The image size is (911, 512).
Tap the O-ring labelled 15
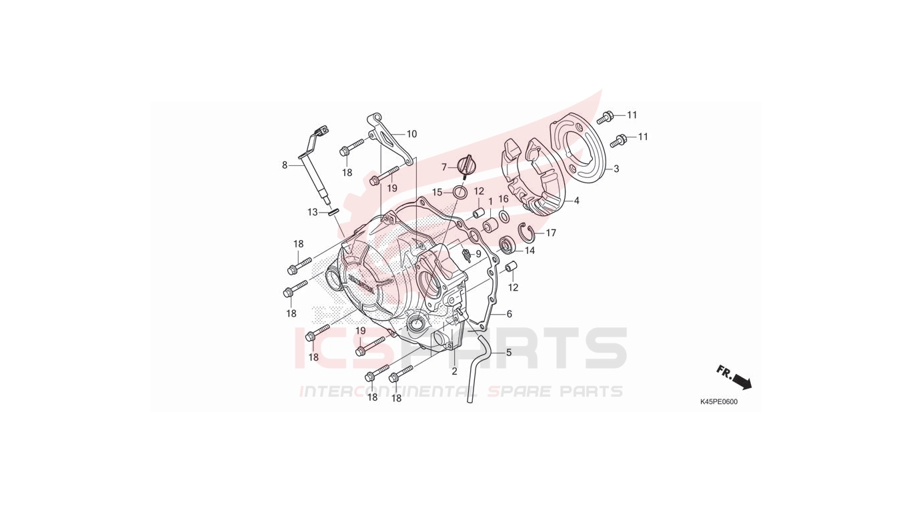click(x=460, y=192)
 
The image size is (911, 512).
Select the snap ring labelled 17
click(x=526, y=232)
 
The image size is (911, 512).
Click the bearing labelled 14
click(x=508, y=245)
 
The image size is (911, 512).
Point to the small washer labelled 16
click(x=504, y=216)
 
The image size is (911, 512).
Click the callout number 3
click(x=616, y=169)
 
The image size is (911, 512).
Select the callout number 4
click(x=576, y=201)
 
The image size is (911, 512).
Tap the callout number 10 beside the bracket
click(x=411, y=134)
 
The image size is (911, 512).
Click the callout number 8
click(x=284, y=165)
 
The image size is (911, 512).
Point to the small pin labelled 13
click(x=334, y=213)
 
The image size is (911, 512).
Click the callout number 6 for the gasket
click(x=509, y=314)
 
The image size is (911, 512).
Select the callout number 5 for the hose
click(x=508, y=353)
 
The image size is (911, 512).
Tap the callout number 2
click(x=454, y=371)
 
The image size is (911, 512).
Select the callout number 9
click(x=478, y=254)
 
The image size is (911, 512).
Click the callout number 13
click(x=312, y=212)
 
